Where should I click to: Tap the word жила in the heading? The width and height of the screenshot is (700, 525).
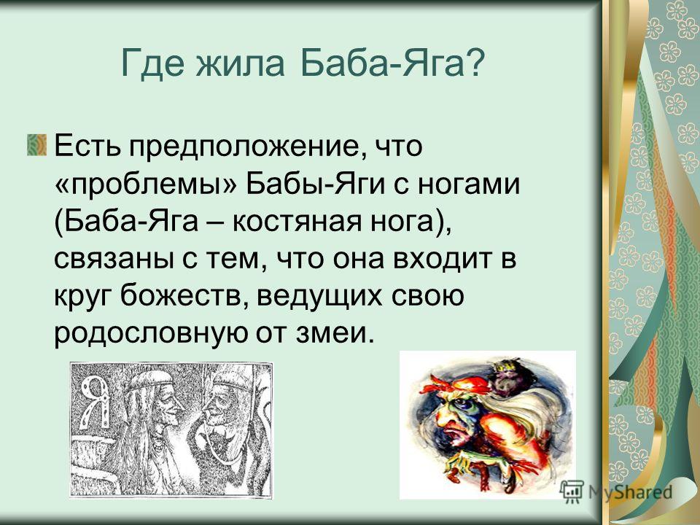[241, 63]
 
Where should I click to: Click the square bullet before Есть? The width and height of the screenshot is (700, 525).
[36, 144]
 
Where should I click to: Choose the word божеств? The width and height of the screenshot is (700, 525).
[183, 295]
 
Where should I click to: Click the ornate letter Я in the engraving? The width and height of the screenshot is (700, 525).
[96, 401]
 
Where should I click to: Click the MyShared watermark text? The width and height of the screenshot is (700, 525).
[630, 492]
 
